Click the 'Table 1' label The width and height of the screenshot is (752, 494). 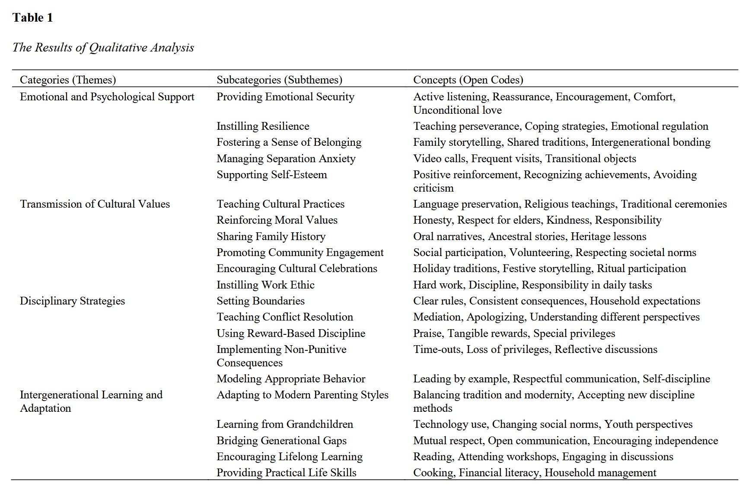pos(32,18)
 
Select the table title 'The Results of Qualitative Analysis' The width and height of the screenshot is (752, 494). pos(103,48)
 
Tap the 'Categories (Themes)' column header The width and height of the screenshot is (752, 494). pos(68,80)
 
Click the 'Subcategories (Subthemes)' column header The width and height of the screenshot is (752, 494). pos(279,80)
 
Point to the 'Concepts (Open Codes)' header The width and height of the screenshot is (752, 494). pos(468,80)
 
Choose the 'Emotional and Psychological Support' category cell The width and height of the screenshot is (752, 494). pos(107,97)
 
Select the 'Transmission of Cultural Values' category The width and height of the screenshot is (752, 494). pos(95,204)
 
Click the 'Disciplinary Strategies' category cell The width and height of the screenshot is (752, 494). pos(72,301)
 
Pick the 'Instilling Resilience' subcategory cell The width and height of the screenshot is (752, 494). pos(263,126)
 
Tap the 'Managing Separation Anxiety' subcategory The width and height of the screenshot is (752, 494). pos(286,159)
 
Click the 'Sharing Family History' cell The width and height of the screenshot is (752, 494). pos(271,237)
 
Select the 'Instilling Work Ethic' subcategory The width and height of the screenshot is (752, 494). pos(265,285)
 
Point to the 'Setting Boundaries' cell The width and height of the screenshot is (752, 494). pos(260,301)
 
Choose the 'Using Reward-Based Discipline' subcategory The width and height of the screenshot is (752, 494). pos(291,334)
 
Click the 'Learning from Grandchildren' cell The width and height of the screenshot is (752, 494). pos(285,424)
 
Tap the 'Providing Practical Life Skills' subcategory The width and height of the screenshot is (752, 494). pos(286,473)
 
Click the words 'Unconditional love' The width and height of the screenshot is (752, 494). pos(457,110)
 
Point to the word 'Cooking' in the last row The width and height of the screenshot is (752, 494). pos(433,473)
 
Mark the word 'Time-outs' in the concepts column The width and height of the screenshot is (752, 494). pos(437,350)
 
